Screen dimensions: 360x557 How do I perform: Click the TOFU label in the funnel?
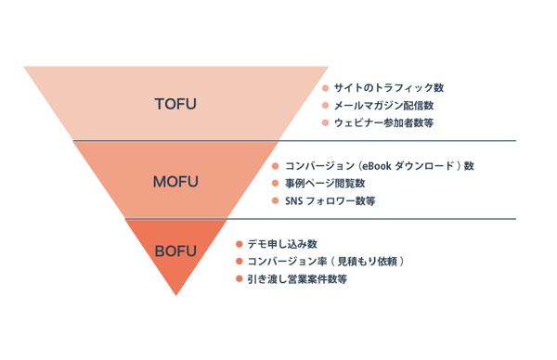(175, 104)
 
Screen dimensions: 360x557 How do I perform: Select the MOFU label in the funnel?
(175, 181)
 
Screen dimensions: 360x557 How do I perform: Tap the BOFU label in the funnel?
(175, 250)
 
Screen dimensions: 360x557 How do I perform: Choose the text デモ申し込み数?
(277, 244)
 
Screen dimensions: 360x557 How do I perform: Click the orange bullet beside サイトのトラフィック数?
(325, 88)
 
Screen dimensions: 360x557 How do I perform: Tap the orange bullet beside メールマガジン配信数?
(325, 106)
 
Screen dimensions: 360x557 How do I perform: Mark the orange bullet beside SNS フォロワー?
(275, 201)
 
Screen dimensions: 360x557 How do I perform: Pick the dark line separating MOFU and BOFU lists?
(371, 220)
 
